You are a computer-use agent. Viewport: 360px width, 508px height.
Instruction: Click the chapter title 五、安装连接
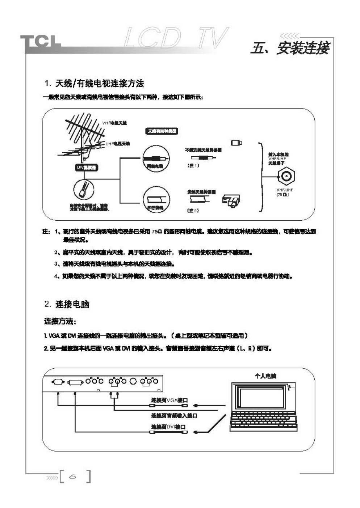pyautogui.click(x=290, y=48)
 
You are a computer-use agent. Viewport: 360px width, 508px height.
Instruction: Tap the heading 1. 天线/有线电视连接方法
pyautogui.click(x=94, y=84)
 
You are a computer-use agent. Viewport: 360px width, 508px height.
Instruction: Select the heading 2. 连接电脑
pyautogui.click(x=67, y=304)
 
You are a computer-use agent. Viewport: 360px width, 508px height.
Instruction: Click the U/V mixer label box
pyautogui.click(x=86, y=168)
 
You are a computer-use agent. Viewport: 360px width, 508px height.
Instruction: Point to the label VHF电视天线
pyautogui.click(x=114, y=123)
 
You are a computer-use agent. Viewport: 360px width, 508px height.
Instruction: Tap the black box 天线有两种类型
pyautogui.click(x=162, y=131)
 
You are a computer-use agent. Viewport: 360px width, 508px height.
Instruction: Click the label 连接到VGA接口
pyautogui.click(x=169, y=400)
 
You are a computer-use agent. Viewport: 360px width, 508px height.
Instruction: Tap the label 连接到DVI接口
pyautogui.click(x=168, y=427)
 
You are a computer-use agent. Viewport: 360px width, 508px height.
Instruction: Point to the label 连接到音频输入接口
pyautogui.click(x=174, y=416)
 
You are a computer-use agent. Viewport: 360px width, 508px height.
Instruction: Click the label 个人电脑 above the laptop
pyautogui.click(x=265, y=376)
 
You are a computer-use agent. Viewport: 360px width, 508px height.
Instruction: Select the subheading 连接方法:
pyautogui.click(x=60, y=321)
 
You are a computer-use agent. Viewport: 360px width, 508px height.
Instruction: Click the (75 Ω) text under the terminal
pyautogui.click(x=282, y=195)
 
